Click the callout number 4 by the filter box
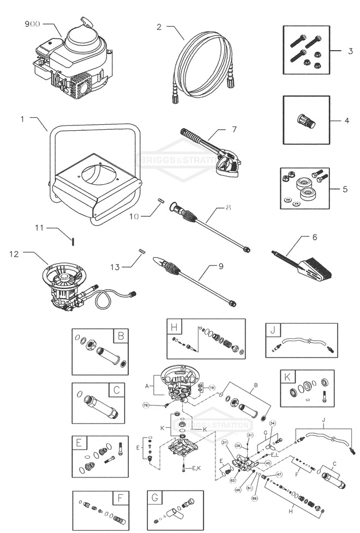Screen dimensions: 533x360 [x=347, y=120]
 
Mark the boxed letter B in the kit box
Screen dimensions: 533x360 [x=121, y=336]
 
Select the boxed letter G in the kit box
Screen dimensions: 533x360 [x=155, y=498]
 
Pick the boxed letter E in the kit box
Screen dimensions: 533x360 [x=80, y=443]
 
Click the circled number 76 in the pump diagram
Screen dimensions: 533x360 [x=146, y=405]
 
